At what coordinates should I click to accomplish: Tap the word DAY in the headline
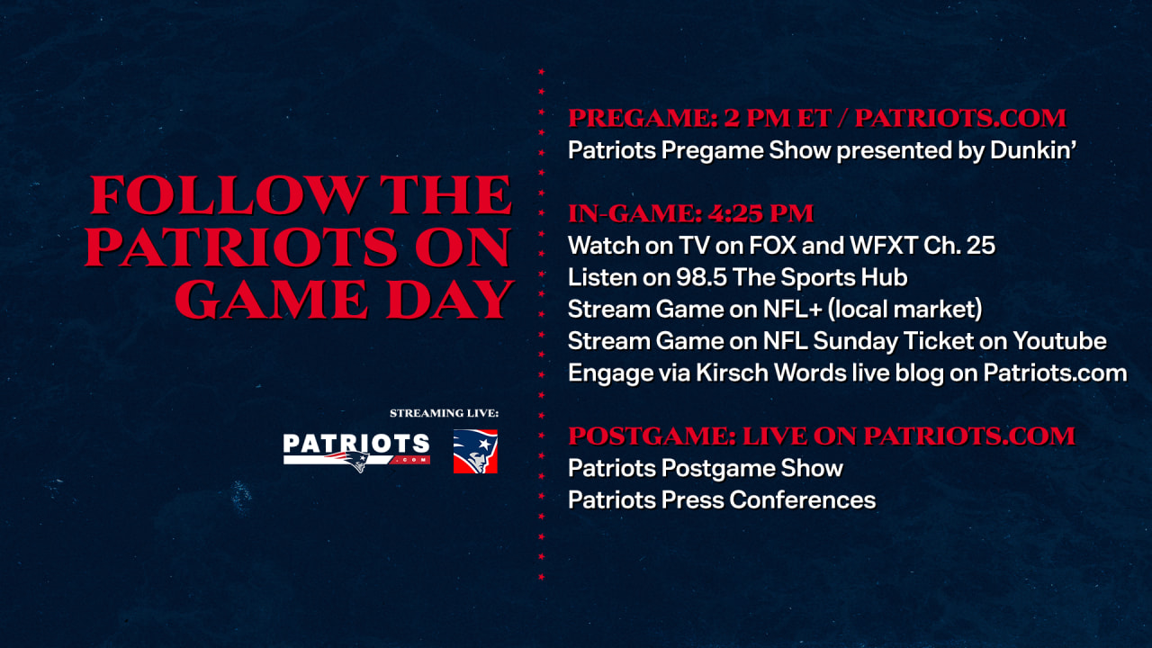(451, 300)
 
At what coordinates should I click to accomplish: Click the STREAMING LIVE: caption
(444, 413)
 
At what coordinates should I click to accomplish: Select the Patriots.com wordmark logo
(356, 452)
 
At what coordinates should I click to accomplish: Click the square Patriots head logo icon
(475, 452)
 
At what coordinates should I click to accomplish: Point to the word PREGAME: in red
(643, 118)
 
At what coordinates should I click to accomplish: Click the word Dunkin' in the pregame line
(1033, 150)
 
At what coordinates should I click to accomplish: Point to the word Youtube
(1059, 341)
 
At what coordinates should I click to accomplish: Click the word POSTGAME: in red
(652, 436)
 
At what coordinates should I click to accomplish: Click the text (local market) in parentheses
(904, 309)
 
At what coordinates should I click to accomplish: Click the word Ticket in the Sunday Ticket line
(938, 341)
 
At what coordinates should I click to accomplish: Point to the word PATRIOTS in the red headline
(241, 247)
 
